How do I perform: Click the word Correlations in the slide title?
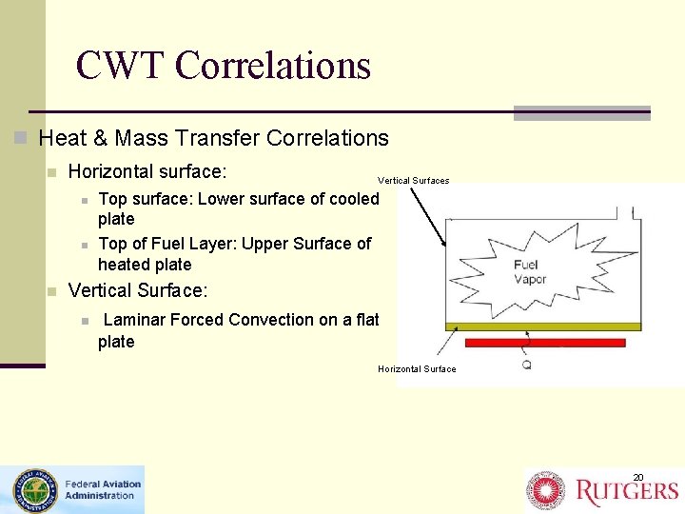coord(273,66)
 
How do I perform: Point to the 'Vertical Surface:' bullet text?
coord(138,290)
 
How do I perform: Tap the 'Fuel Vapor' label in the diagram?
coord(530,271)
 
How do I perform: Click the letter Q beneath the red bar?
coord(526,364)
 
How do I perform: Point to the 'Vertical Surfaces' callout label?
coord(414,180)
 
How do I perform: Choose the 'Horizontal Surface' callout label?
coord(417,369)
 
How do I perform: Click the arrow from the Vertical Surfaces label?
coord(429,216)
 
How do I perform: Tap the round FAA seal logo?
coord(31,490)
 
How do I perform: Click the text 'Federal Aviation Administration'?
coord(101,489)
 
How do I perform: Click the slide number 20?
coord(638,477)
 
